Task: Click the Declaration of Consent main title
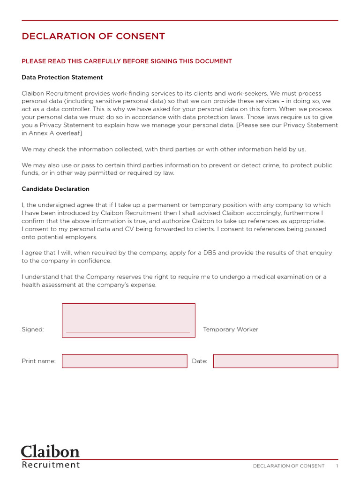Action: [93, 36]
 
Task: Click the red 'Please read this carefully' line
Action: [127, 61]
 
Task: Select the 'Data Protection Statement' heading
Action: [62, 77]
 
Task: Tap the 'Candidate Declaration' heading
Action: [55, 189]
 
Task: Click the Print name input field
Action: [124, 361]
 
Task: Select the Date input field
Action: [275, 361]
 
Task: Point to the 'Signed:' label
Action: [33, 330]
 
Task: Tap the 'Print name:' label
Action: [38, 361]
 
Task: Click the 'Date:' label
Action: [200, 361]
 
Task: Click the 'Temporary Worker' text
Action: [231, 330]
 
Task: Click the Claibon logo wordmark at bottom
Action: [50, 451]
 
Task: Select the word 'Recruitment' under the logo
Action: [51, 465]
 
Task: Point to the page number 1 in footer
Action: [337, 466]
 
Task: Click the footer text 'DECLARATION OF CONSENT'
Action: [288, 466]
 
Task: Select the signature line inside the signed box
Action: [128, 332]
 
